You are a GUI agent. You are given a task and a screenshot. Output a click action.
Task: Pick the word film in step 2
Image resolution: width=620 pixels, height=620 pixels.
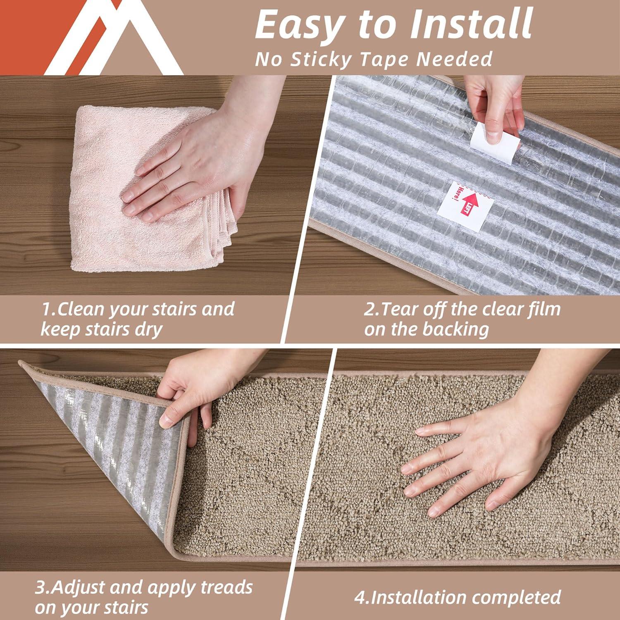click(x=542, y=309)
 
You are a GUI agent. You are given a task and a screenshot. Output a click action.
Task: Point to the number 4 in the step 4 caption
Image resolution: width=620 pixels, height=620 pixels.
click(x=359, y=597)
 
